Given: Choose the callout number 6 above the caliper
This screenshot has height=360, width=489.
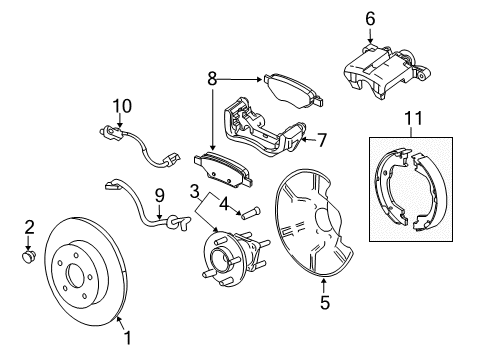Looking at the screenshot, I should coord(369,18).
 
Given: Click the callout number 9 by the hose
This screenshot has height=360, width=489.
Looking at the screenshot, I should coord(158,196).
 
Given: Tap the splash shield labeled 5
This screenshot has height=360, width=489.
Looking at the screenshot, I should coord(320,225).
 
